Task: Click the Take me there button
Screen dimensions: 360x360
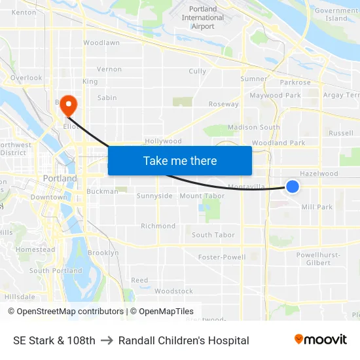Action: coord(179,160)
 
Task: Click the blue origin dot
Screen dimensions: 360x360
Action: coord(293,187)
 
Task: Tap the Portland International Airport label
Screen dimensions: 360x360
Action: coord(202,18)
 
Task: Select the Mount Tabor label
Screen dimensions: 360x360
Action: coord(202,196)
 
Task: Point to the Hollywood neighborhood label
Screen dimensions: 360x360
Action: coord(163,141)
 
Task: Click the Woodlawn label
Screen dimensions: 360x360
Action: coord(101,43)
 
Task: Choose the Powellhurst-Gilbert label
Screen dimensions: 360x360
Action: coord(317,259)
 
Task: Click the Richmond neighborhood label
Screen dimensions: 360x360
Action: coord(158,226)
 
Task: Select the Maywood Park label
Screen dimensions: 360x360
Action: coord(275,96)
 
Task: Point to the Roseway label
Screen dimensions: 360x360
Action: coord(223,104)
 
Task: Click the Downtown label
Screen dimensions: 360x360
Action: coord(49,197)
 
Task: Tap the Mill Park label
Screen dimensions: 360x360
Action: coord(317,207)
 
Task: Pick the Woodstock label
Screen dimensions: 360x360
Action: coord(174,291)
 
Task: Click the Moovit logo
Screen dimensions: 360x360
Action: coord(320,340)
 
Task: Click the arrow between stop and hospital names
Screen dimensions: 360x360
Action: coord(107,340)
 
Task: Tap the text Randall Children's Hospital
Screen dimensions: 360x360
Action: coord(184,340)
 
